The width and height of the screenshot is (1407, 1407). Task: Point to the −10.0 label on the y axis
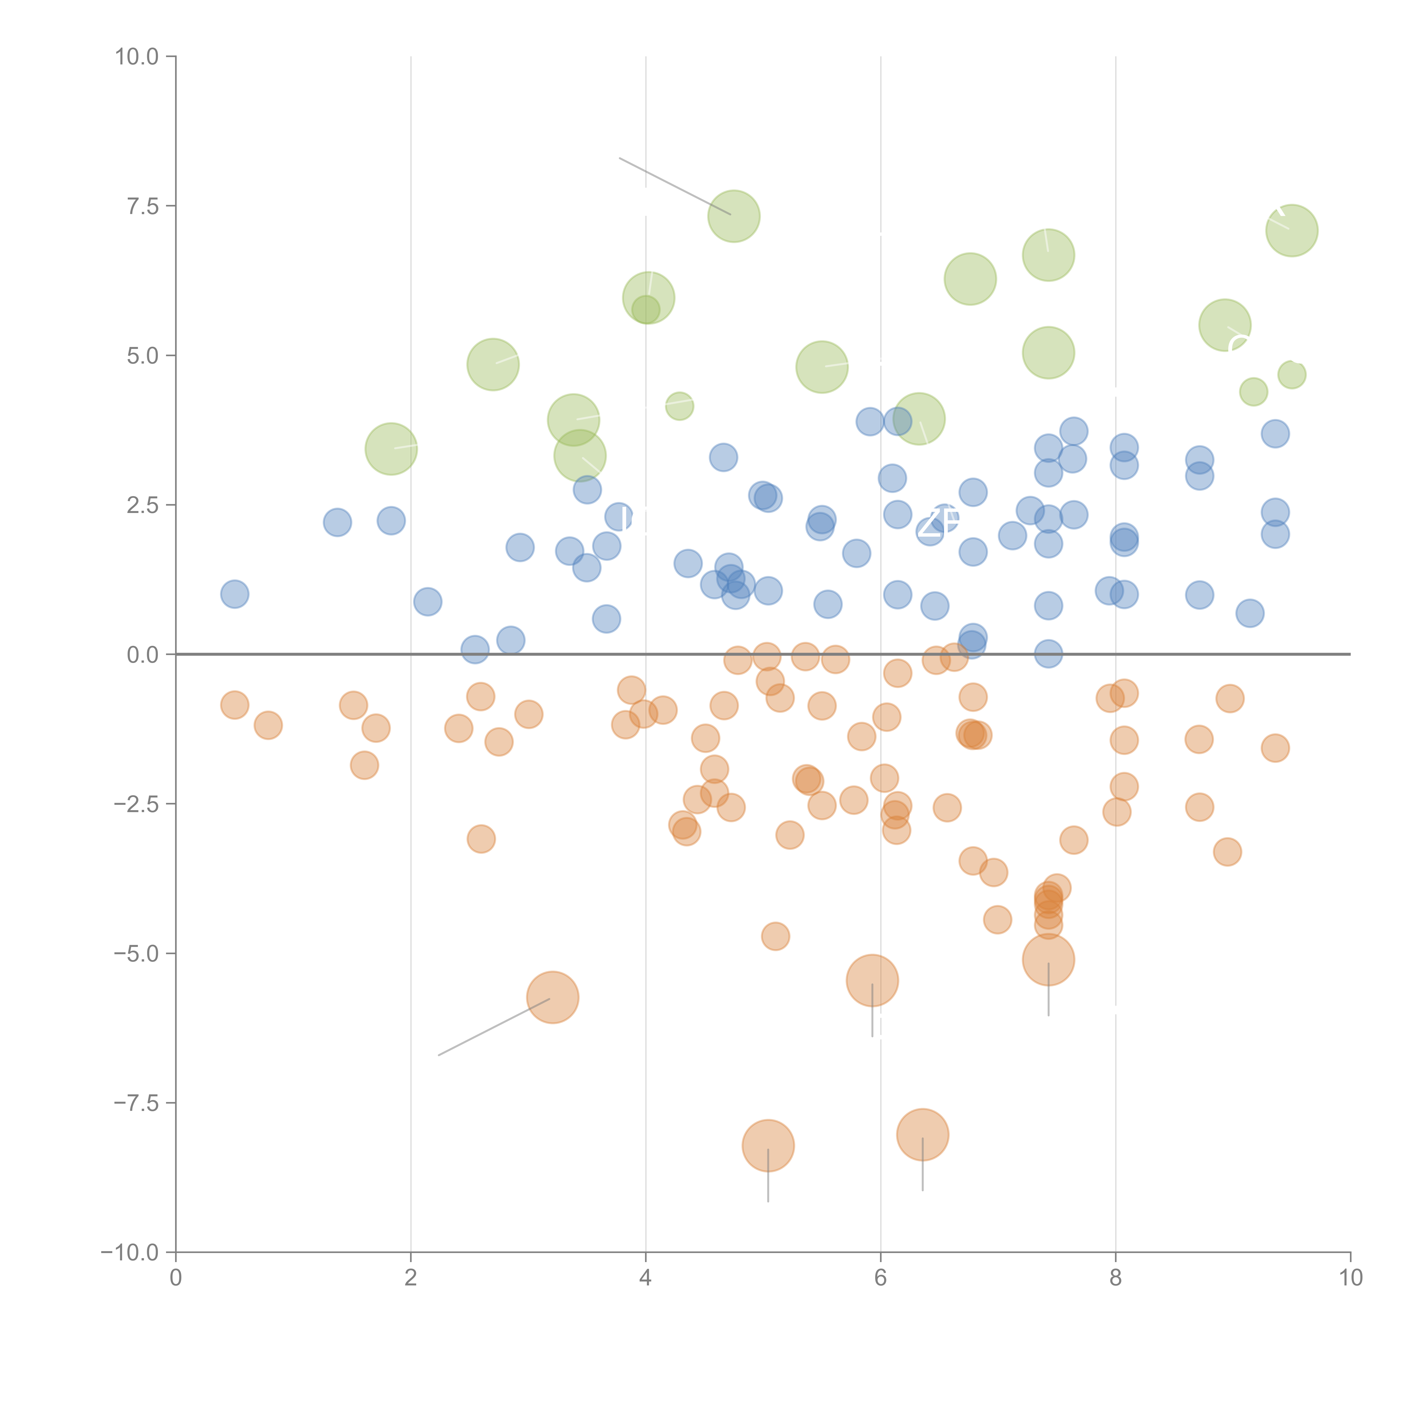click(130, 1253)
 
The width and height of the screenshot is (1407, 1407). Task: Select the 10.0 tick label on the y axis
click(137, 57)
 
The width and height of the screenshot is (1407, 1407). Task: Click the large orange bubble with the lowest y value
click(768, 1146)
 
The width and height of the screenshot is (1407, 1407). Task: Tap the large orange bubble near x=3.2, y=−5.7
click(553, 998)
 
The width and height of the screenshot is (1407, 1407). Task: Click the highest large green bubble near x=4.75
click(734, 216)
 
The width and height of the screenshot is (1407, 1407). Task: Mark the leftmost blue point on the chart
click(234, 594)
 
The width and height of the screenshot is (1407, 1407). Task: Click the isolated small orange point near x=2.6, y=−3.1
click(481, 839)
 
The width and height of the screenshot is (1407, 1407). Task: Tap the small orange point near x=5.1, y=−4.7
click(776, 936)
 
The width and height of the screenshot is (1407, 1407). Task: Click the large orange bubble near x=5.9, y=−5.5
click(872, 980)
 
